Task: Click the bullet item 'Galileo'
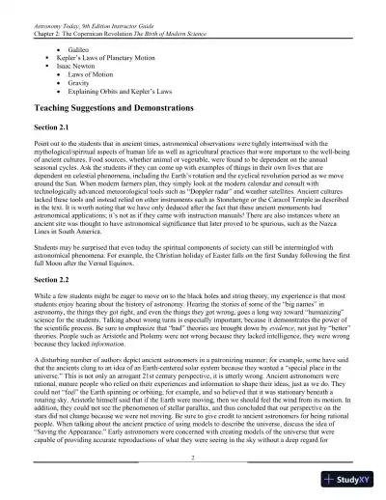(x=80, y=46)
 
